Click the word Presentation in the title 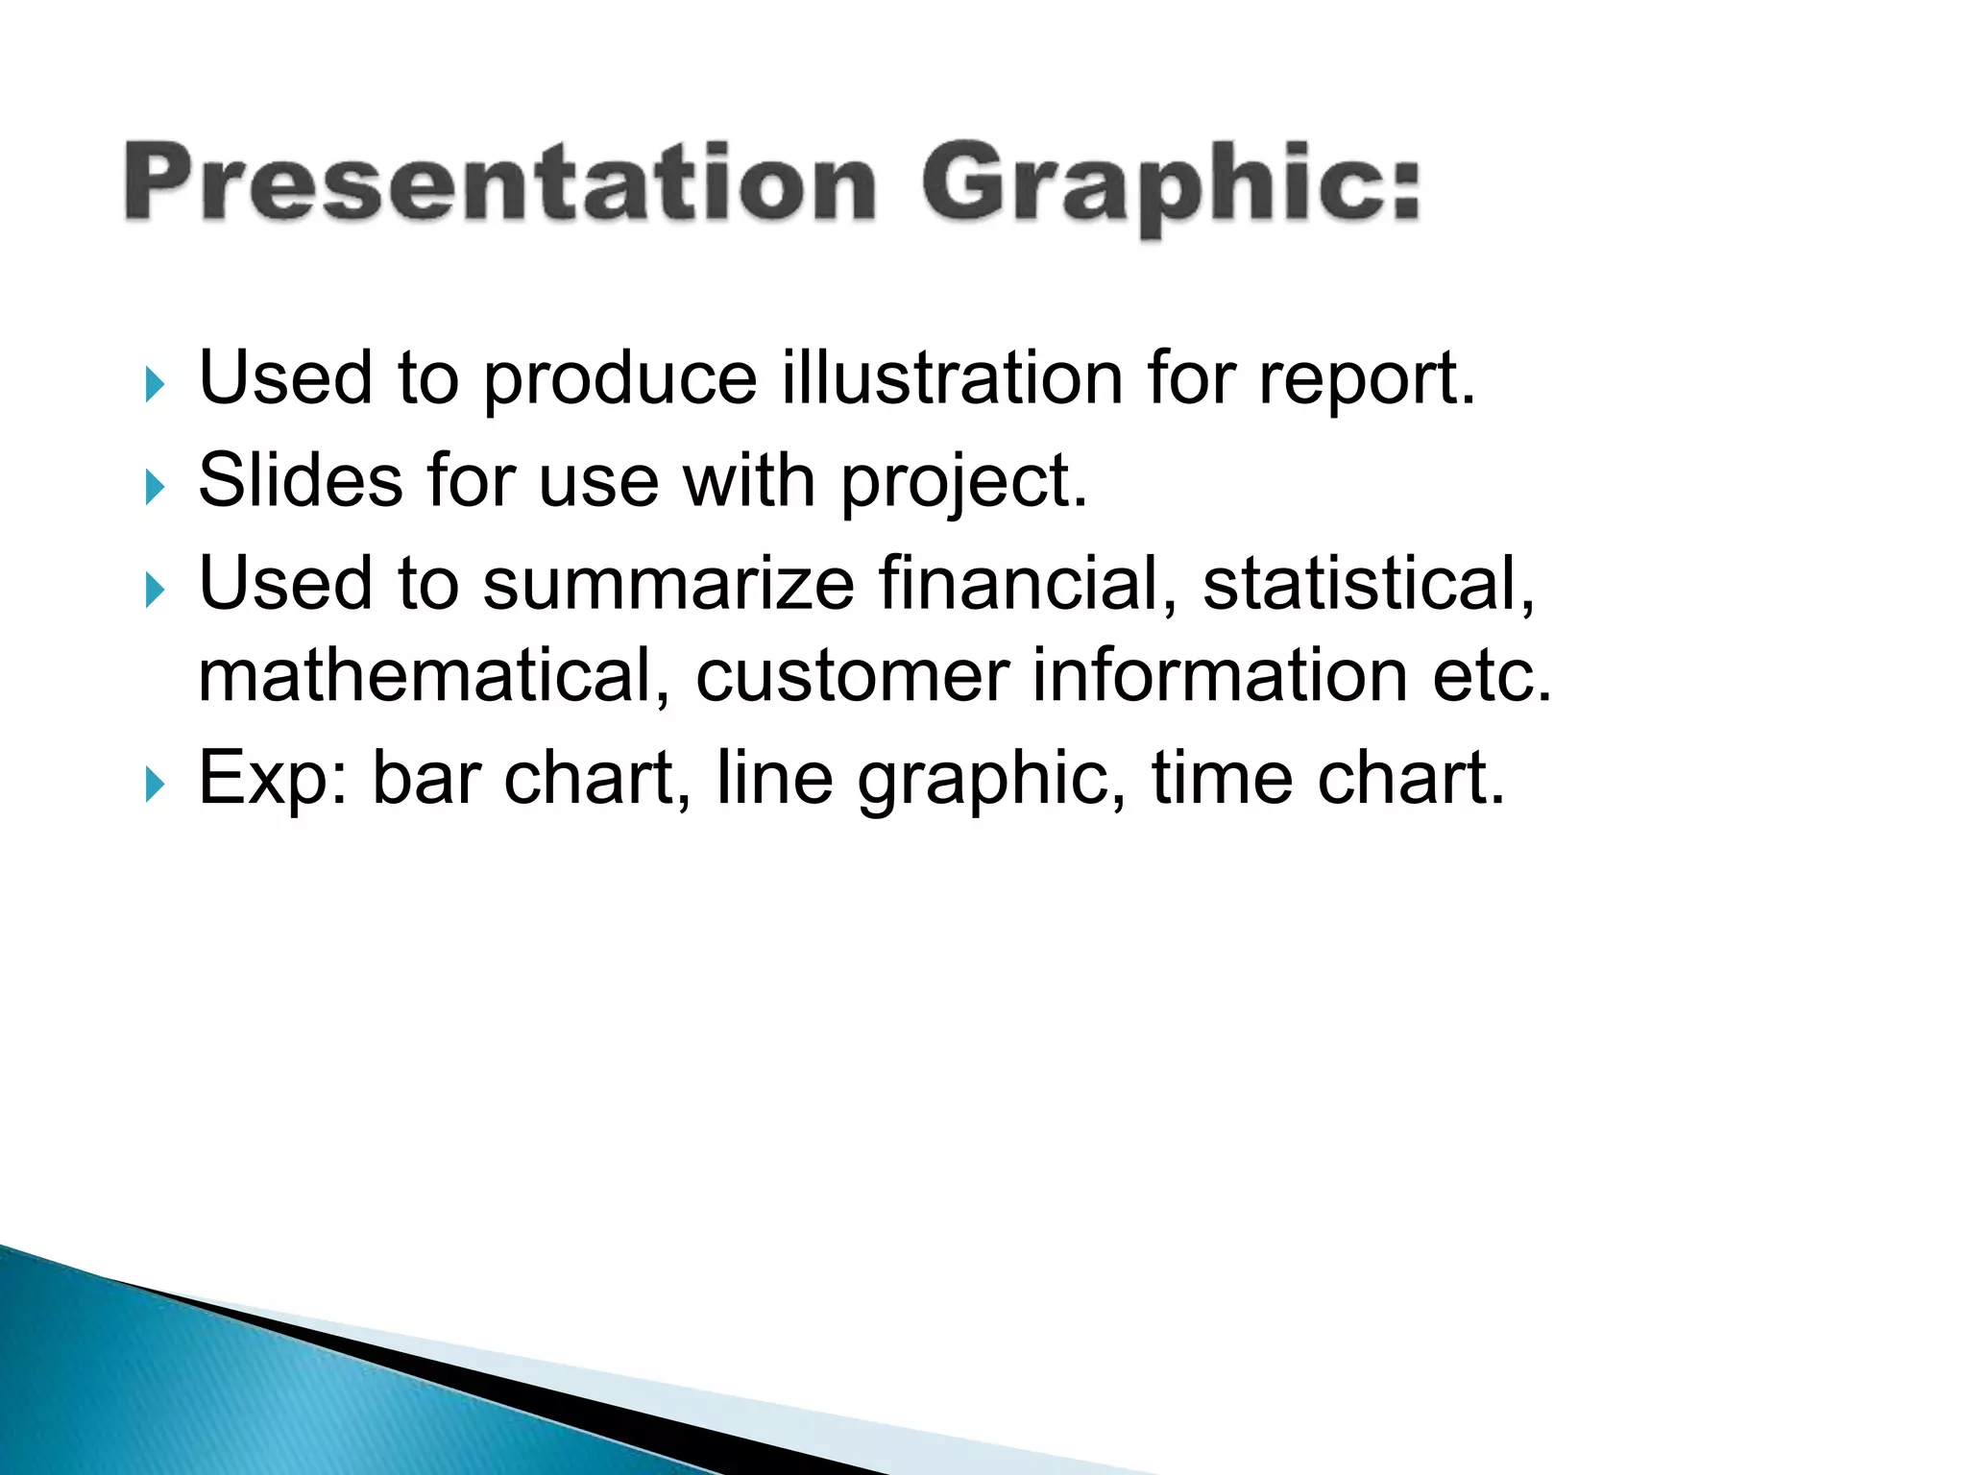(x=499, y=182)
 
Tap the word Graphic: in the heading (x=1170, y=184)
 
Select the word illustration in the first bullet (x=952, y=379)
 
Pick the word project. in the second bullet (x=964, y=483)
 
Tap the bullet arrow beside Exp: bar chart (x=155, y=785)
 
